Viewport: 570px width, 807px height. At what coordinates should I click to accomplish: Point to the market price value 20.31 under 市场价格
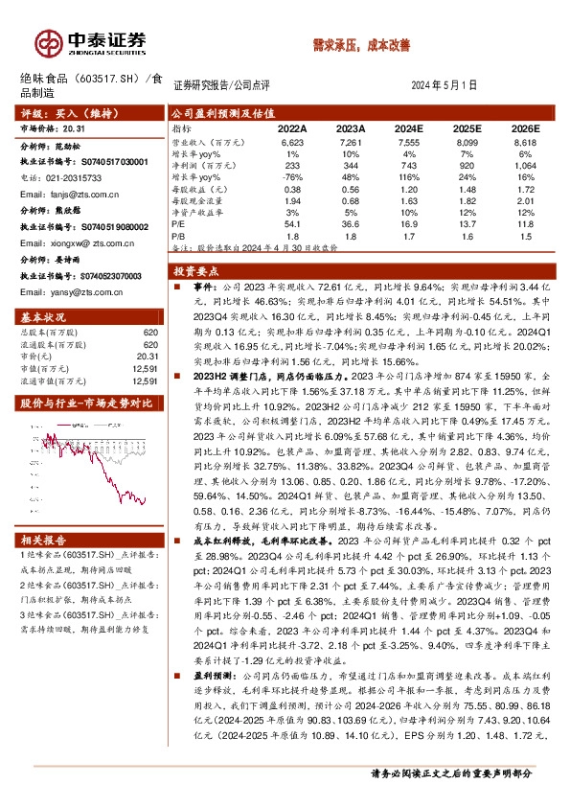point(72,127)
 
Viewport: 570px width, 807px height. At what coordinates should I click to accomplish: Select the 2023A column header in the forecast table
point(351,127)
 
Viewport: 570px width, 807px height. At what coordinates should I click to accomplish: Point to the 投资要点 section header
point(202,271)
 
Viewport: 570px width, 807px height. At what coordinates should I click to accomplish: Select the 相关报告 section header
point(43,541)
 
